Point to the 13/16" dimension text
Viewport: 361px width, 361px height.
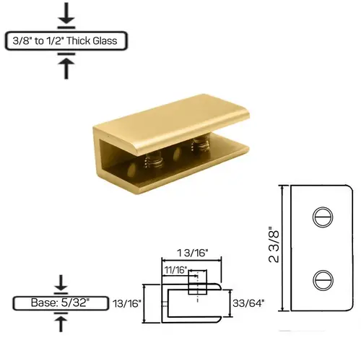point(128,304)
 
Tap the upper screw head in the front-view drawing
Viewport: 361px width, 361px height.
point(321,217)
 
